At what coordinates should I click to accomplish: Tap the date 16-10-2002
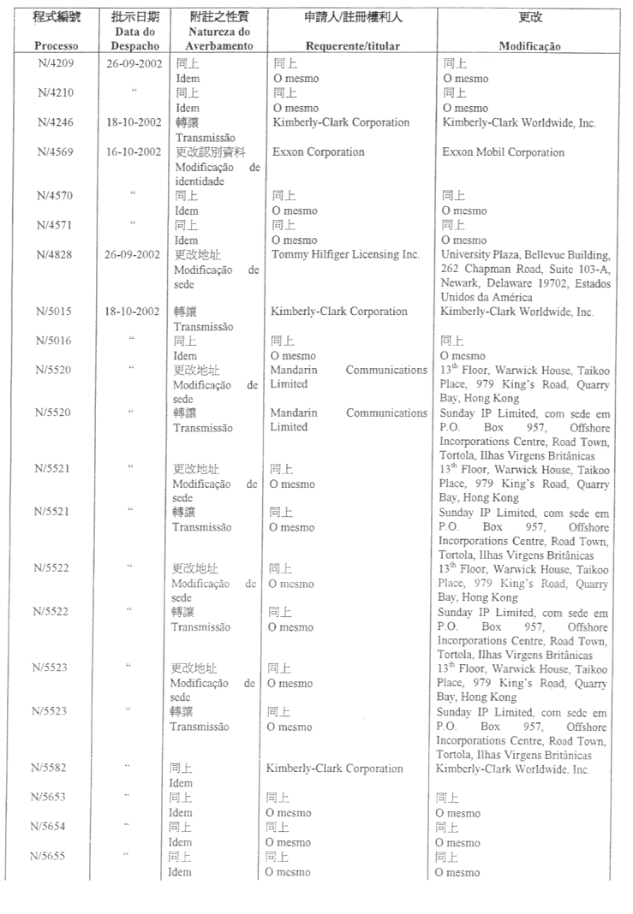(x=134, y=152)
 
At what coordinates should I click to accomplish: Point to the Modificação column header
(x=529, y=47)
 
